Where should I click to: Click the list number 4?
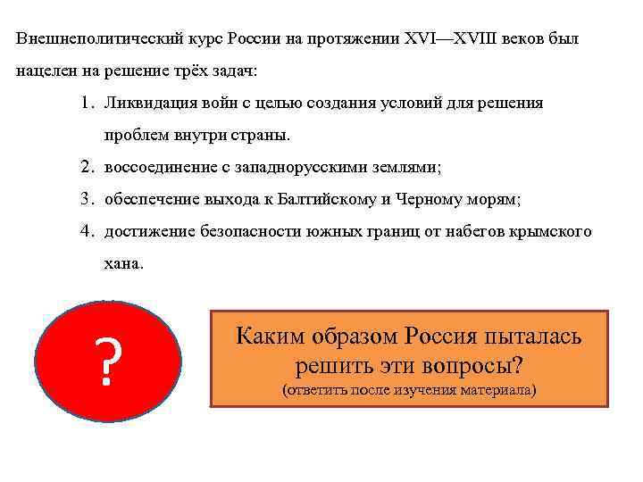click(x=84, y=232)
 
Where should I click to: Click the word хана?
click(x=121, y=264)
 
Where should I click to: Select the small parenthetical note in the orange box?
click(x=409, y=391)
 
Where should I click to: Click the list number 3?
click(x=84, y=200)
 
